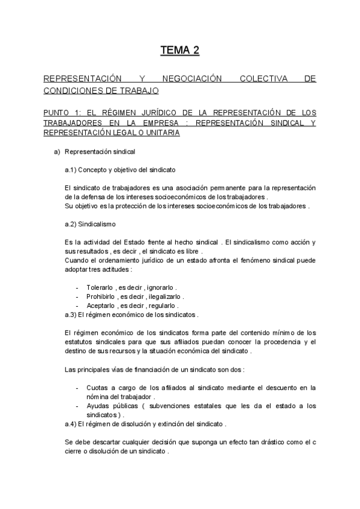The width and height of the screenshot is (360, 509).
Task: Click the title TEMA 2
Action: pos(179,50)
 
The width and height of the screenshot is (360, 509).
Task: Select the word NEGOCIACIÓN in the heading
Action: pos(188,79)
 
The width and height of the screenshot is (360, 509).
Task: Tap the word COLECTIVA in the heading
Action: pos(259,79)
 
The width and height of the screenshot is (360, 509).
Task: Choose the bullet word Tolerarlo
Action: pos(100,287)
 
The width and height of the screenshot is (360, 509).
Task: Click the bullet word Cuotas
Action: pos(97,388)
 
